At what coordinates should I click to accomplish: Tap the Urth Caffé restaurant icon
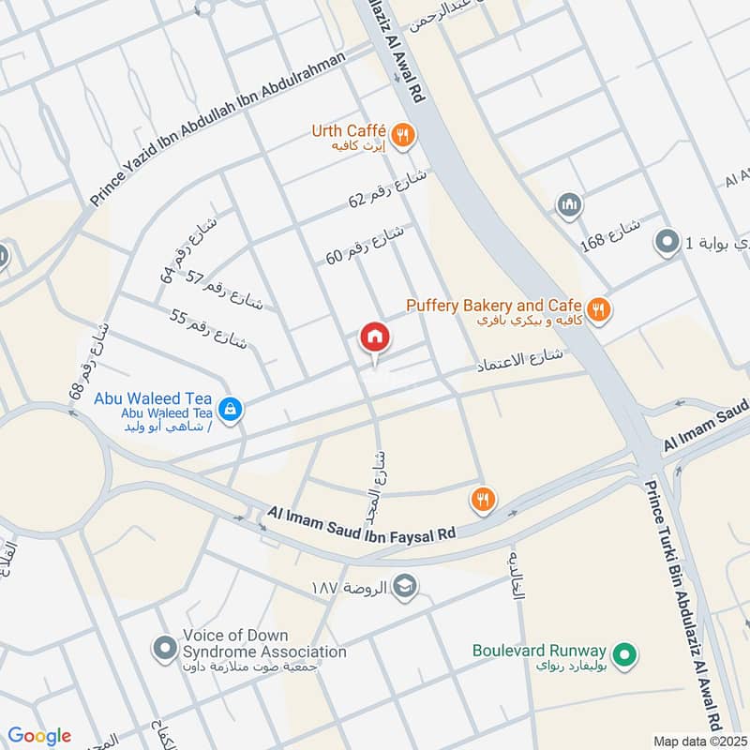[x=403, y=135]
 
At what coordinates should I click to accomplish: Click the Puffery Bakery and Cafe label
[x=493, y=306]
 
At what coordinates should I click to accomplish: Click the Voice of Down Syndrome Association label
[x=264, y=643]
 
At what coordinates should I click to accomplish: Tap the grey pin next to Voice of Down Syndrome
[x=165, y=647]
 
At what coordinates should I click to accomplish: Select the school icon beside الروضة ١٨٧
[x=404, y=586]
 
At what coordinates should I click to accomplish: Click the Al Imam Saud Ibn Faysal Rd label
[x=361, y=523]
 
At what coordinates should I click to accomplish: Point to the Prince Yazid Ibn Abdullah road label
[x=217, y=128]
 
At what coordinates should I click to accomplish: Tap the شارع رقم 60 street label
[x=366, y=243]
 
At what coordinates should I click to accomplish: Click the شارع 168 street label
[x=610, y=237]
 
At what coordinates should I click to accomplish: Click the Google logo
[x=39, y=735]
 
